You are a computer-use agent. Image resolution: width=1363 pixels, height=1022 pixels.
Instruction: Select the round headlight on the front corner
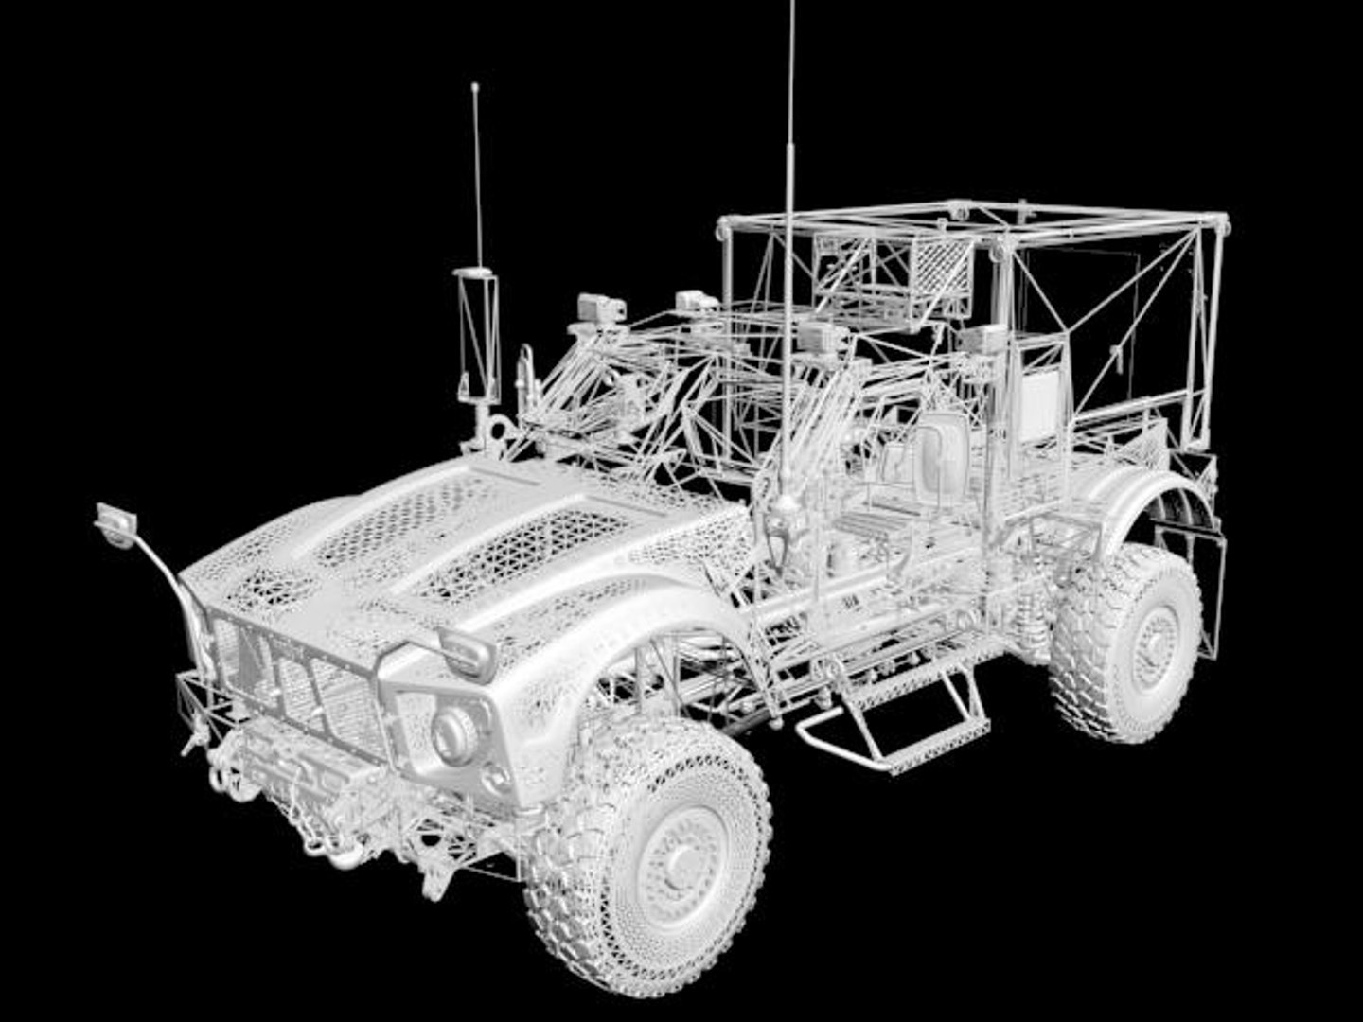pyautogui.click(x=454, y=731)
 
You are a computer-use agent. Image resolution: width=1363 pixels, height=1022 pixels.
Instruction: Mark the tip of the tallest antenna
pyautogui.click(x=791, y=6)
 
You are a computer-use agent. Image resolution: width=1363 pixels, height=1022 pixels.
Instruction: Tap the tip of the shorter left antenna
pyautogui.click(x=474, y=88)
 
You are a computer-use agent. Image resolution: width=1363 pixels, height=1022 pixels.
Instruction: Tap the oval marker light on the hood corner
pyautogui.click(x=467, y=651)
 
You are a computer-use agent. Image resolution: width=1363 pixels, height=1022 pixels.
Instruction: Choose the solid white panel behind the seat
pyautogui.click(x=1038, y=407)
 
